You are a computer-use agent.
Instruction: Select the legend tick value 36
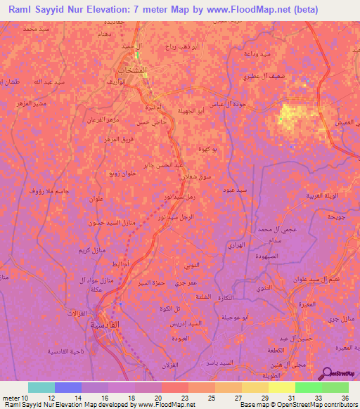[x=345, y=397]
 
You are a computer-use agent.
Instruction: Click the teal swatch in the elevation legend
[x=41, y=387]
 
